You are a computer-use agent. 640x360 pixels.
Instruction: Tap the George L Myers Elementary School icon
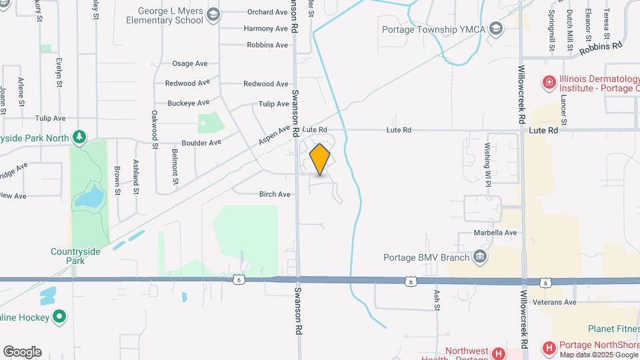[x=213, y=15]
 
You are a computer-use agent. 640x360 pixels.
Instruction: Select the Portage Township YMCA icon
[x=496, y=29]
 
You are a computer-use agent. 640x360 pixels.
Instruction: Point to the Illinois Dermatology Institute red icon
[x=549, y=83]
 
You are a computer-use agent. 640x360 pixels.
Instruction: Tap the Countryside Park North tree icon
[x=79, y=137]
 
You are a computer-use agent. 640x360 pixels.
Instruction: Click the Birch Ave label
[x=275, y=195]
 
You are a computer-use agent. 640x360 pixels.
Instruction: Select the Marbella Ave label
[x=495, y=233]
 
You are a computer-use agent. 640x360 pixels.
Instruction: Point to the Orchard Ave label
[x=267, y=12]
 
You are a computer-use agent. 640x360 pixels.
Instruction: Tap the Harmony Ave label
[x=265, y=29]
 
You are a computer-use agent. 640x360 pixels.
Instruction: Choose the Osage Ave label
[x=190, y=63]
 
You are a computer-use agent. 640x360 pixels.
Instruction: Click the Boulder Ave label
[x=201, y=143]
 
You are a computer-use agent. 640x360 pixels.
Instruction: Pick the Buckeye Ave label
[x=188, y=103]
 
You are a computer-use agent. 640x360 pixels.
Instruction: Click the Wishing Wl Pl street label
[x=487, y=159]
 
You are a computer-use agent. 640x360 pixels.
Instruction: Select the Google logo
[x=22, y=351]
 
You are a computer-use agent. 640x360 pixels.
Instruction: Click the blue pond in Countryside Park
[x=89, y=197]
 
